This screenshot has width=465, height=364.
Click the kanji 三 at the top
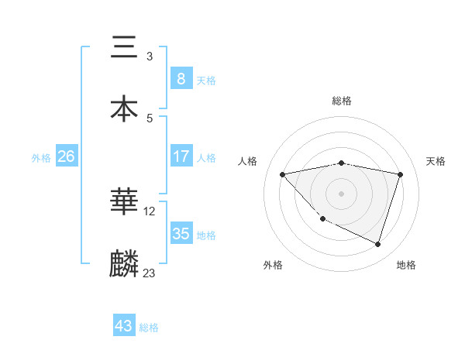click(124, 48)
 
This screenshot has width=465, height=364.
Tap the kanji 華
click(124, 203)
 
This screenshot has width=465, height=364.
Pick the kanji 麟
click(124, 264)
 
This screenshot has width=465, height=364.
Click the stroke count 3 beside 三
click(150, 57)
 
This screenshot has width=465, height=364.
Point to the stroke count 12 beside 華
click(150, 211)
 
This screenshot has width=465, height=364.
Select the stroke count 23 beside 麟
click(150, 273)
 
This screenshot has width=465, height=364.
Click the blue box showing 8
click(181, 79)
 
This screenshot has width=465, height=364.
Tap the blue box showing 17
click(181, 156)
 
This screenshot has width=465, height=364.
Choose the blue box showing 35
click(181, 234)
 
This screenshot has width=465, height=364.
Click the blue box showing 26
click(66, 156)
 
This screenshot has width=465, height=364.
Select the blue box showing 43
click(124, 326)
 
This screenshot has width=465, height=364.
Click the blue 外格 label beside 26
click(41, 157)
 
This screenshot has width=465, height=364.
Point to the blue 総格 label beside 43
click(149, 328)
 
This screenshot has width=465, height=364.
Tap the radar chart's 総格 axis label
click(342, 101)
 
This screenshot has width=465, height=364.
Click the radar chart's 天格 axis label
click(436, 161)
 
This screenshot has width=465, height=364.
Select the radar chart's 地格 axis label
click(406, 266)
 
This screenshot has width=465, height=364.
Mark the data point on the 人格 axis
click(283, 174)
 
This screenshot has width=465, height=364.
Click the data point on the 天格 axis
click(401, 174)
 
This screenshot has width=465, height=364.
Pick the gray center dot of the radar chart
click(342, 194)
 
